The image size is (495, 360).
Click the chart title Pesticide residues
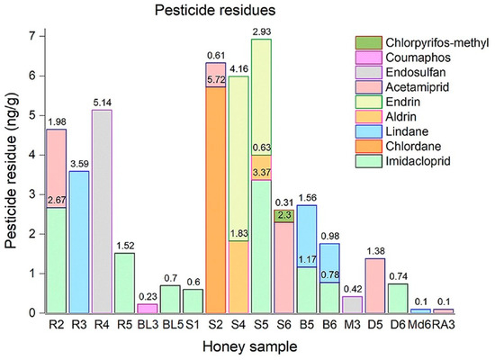click(215, 11)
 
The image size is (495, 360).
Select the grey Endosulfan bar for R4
click(102, 211)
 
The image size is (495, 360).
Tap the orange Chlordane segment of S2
click(216, 200)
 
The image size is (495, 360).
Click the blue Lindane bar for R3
click(79, 242)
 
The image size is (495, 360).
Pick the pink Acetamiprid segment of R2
click(56, 168)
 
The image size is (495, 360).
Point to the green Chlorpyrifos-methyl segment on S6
click(283, 216)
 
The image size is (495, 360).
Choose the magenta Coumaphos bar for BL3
click(147, 309)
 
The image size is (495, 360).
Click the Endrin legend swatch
click(368, 102)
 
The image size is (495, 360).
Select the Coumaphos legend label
click(418, 58)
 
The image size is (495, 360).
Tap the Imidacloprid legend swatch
click(368, 161)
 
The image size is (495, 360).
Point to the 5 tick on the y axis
click(32, 116)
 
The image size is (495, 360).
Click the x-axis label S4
click(238, 325)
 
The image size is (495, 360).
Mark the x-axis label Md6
click(419, 325)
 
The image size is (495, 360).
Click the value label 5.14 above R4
click(102, 103)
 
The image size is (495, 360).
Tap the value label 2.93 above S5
click(262, 31)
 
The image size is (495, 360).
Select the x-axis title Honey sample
click(249, 346)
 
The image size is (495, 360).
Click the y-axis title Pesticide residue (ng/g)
click(11, 170)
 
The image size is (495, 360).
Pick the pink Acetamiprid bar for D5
click(374, 286)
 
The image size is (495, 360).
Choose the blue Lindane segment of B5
click(307, 236)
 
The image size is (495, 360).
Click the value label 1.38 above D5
click(375, 251)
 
